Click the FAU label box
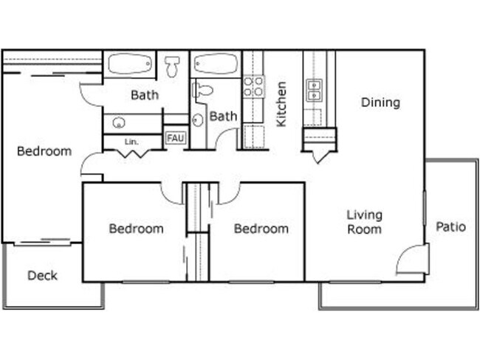(175, 138)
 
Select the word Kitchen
(281, 104)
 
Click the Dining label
(380, 103)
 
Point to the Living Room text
(365, 222)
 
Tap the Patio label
(450, 226)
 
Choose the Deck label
(42, 276)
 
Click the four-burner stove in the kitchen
(253, 86)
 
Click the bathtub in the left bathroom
(129, 64)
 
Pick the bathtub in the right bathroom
(216, 64)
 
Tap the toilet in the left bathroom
(173, 67)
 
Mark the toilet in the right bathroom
(202, 91)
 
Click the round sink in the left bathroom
(118, 122)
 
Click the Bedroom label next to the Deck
(44, 151)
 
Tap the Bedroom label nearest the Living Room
(261, 229)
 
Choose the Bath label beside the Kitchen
(223, 117)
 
